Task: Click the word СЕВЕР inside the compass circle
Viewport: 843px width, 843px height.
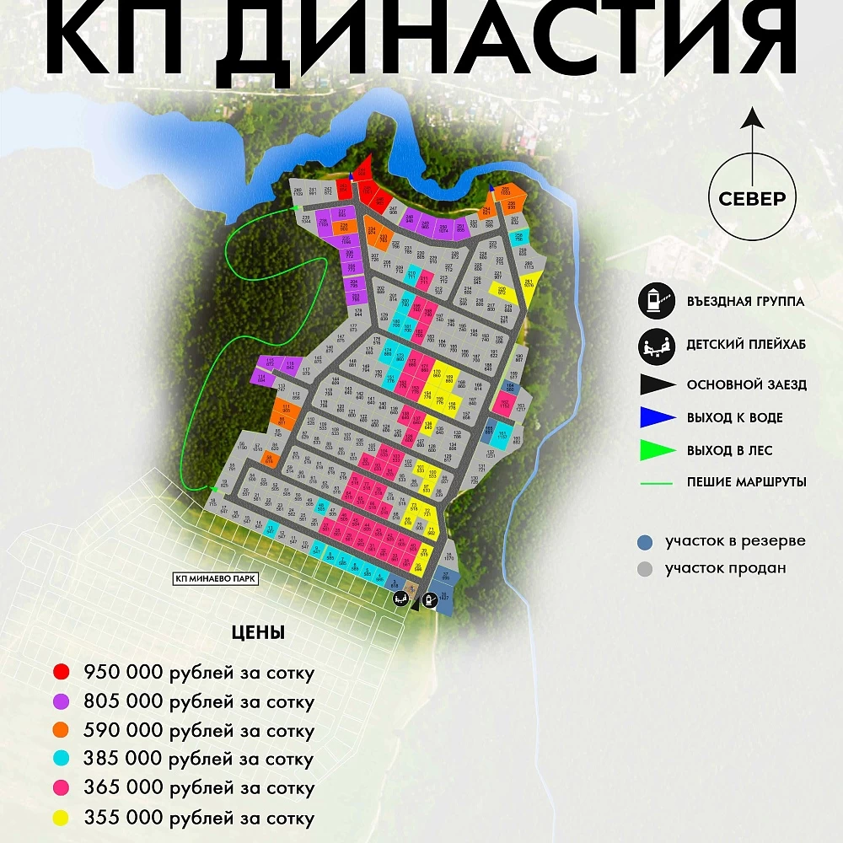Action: point(752,199)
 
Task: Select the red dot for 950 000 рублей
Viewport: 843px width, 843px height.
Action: point(61,673)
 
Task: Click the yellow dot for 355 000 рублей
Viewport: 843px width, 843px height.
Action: point(61,818)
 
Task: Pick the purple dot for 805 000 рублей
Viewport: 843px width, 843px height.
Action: point(61,701)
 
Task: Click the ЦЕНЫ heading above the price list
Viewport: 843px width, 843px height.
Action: point(258,633)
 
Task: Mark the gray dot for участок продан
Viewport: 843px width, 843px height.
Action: point(645,569)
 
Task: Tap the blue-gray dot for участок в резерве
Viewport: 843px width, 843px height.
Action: point(645,541)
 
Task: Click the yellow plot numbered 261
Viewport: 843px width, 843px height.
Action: point(529,284)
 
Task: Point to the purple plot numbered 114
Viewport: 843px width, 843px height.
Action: point(261,378)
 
